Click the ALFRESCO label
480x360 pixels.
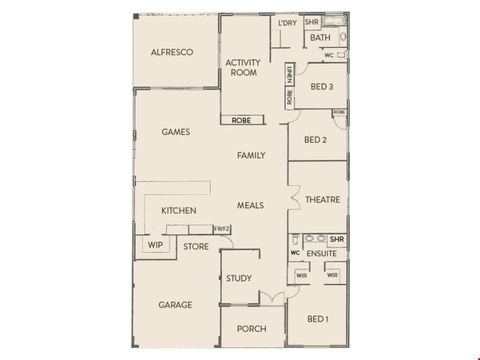tap(172, 52)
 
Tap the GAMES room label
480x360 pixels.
tap(176, 132)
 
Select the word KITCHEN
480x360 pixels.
tap(179, 211)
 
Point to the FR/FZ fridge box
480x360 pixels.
tap(222, 229)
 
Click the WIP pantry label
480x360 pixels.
tap(155, 245)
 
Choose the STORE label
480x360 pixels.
tap(196, 247)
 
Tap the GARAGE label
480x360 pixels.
tap(175, 305)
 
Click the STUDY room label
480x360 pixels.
tap(239, 278)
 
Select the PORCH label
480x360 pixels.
tap(251, 329)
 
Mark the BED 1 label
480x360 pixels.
tap(318, 319)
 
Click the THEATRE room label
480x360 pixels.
tap(323, 200)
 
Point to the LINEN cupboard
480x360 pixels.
tap(290, 74)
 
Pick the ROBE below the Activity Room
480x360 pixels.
tap(242, 120)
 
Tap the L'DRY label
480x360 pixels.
tap(287, 23)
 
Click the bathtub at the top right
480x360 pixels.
tap(335, 21)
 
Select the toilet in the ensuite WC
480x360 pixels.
tap(295, 240)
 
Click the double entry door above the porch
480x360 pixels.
tap(272, 297)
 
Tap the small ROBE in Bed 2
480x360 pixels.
tap(339, 112)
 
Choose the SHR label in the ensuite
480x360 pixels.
tap(337, 239)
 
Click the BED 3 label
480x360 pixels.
tap(322, 86)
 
